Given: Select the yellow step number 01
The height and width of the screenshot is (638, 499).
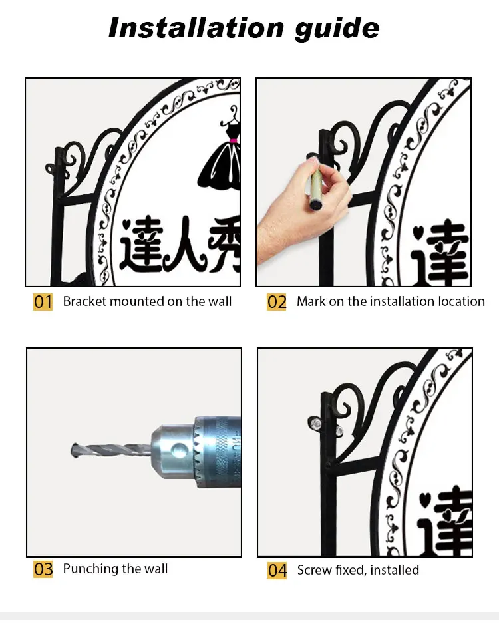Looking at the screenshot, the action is tap(43, 302).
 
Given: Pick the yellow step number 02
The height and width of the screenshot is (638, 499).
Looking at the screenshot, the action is tap(276, 302).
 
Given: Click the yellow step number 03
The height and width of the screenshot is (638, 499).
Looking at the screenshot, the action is tap(43, 569).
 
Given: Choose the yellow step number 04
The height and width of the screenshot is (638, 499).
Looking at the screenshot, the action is tap(277, 570).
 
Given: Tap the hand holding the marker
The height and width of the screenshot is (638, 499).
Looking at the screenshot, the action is tap(303, 208).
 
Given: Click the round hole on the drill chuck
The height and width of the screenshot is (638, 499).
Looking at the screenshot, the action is tap(179, 450).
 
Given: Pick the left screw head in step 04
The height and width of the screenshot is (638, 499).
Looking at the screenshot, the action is tap(315, 424).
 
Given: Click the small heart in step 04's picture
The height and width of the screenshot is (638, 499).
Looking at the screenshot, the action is tap(424, 499).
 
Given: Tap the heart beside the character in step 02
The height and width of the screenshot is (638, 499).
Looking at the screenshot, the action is tap(418, 232).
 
